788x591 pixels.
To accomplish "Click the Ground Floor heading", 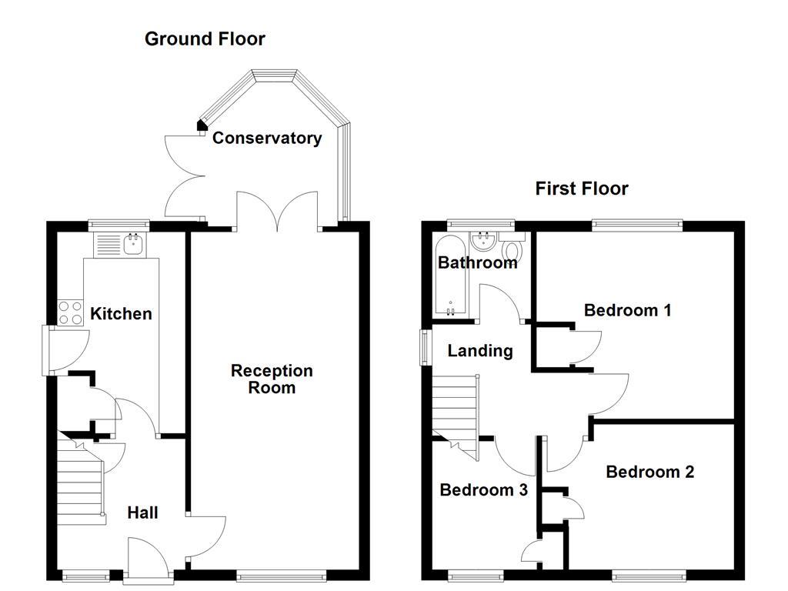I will pyautogui.click(x=205, y=39).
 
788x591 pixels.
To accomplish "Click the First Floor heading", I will pyautogui.click(x=582, y=189).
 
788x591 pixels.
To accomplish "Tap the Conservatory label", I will pyautogui.click(x=267, y=139).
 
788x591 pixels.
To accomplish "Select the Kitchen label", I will pyautogui.click(x=121, y=314).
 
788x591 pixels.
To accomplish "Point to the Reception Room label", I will pyautogui.click(x=272, y=379).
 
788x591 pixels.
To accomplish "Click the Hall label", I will pyautogui.click(x=143, y=513).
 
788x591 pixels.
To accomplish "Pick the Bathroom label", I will pyautogui.click(x=477, y=263).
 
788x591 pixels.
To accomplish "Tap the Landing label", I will pyautogui.click(x=480, y=351).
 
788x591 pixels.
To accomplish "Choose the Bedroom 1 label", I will pyautogui.click(x=627, y=310).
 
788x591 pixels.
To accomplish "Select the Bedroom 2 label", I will pyautogui.click(x=649, y=472).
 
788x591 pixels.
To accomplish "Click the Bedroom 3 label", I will pyautogui.click(x=483, y=490).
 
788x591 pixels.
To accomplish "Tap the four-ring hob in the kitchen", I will pyautogui.click(x=71, y=313).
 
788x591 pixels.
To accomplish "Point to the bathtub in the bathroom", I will pyautogui.click(x=447, y=277).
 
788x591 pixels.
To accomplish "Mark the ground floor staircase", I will pyautogui.click(x=80, y=477).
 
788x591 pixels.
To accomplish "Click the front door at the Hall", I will pyautogui.click(x=148, y=558).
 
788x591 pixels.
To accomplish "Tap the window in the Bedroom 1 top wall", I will pyautogui.click(x=637, y=225).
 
